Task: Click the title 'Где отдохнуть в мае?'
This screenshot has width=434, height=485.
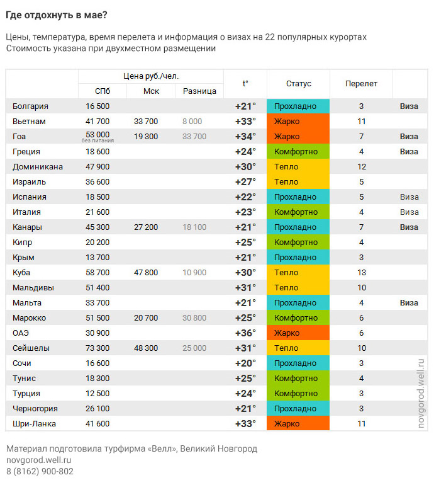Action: [57, 15]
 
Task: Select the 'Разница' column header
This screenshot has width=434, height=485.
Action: [199, 91]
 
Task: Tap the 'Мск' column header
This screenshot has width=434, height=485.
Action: [151, 91]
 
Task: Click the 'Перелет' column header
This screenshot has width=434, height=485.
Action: [362, 84]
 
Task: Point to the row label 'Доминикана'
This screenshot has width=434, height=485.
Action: [38, 167]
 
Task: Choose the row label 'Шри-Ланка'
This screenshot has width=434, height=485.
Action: [35, 424]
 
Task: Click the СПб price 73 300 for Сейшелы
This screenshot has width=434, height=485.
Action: [97, 348]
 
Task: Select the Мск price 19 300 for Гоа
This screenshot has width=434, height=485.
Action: [146, 137]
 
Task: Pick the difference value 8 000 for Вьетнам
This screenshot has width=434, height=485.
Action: [192, 121]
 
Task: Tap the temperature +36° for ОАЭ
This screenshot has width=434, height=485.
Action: [245, 333]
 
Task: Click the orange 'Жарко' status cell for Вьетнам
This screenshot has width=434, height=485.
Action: [298, 121]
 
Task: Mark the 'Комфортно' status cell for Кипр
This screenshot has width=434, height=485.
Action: [298, 243]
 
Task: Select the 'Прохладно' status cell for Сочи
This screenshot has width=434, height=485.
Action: [298, 363]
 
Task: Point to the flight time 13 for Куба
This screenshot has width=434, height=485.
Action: [362, 273]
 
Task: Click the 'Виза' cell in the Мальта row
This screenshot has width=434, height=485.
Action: [409, 303]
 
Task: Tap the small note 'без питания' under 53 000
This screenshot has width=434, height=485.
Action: [97, 140]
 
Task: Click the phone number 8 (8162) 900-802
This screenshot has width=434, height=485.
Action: [40, 471]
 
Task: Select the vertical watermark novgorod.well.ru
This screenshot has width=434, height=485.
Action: [421, 394]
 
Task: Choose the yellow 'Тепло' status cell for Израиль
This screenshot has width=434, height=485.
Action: [298, 182]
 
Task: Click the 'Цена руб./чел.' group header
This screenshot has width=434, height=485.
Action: [151, 76]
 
